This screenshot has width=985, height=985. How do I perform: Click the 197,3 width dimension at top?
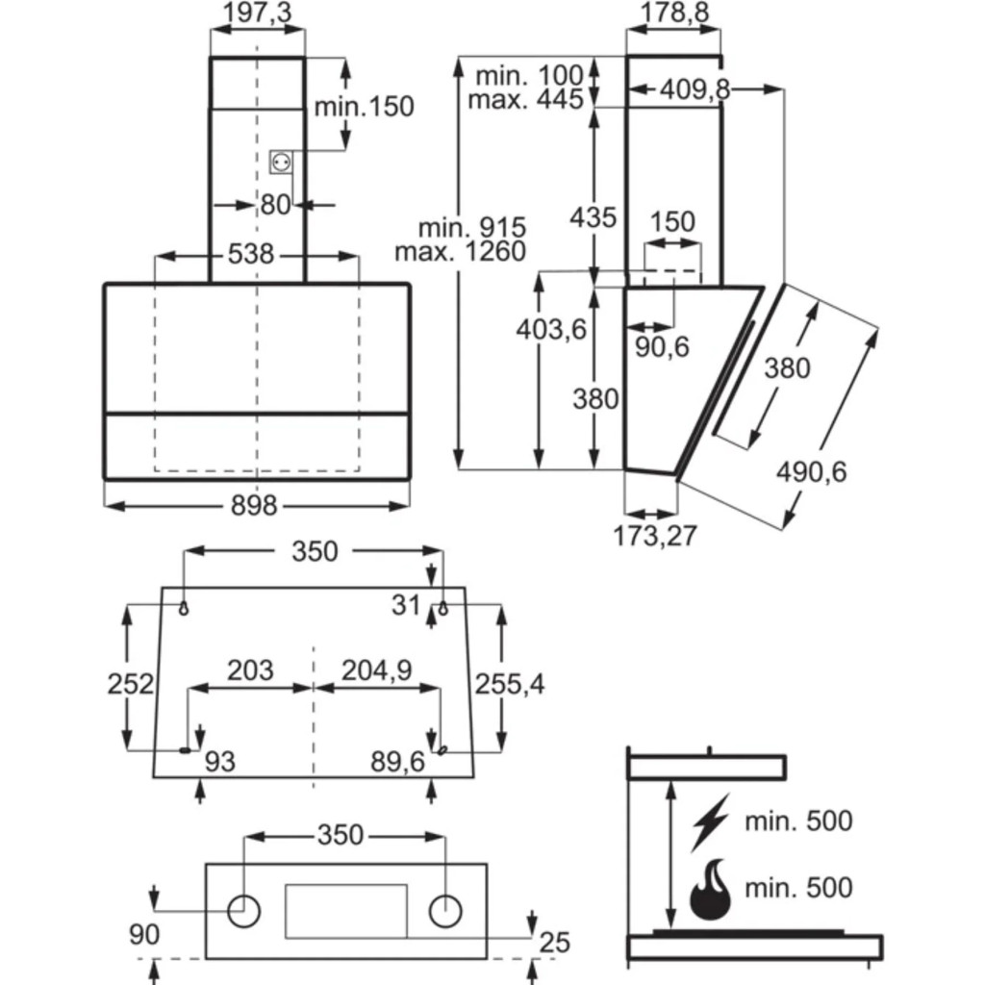[x=257, y=13]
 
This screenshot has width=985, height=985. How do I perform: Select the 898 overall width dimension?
[x=255, y=505]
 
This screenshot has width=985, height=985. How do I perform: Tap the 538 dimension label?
[x=251, y=255]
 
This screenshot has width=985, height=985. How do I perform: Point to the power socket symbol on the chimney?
[x=281, y=163]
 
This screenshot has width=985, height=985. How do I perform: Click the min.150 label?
[x=365, y=106]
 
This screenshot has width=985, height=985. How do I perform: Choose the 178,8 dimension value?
[x=673, y=13]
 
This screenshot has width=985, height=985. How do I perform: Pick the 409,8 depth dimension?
[x=695, y=89]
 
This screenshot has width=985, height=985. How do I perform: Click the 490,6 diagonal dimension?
[x=813, y=472]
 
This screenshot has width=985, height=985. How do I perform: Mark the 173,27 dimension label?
[x=655, y=535]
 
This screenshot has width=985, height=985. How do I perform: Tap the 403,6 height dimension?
[x=551, y=329]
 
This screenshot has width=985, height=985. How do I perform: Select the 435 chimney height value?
[x=593, y=217]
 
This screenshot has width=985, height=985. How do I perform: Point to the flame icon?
[x=710, y=889]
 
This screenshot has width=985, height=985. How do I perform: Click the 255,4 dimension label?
[x=510, y=684]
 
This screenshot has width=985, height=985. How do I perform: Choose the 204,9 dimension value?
[x=377, y=670]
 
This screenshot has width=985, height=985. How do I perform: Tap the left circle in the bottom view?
[x=245, y=909]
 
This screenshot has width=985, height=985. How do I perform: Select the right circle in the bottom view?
[x=445, y=909]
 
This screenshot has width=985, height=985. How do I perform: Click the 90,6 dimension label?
[x=663, y=347]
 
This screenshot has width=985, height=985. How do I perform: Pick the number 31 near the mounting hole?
[x=406, y=605]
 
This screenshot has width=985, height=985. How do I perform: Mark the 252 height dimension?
[x=130, y=684]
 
